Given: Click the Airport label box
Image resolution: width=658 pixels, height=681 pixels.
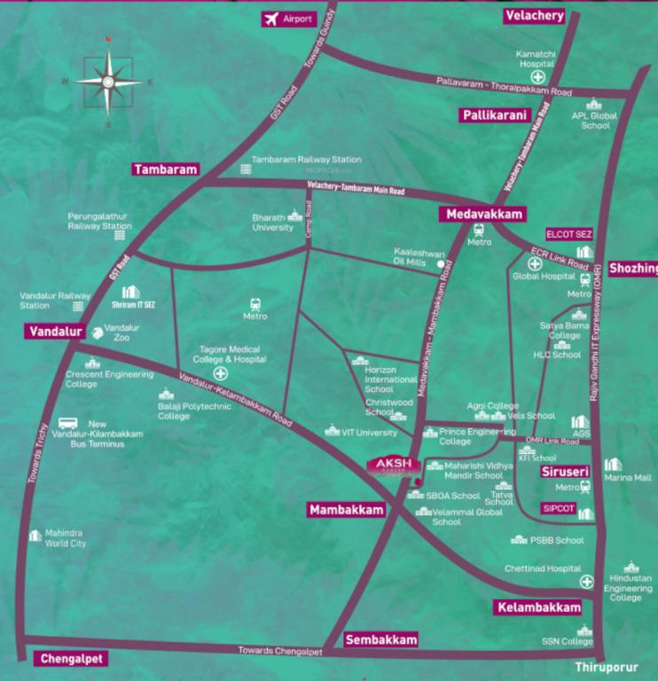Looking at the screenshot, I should pos(288,19).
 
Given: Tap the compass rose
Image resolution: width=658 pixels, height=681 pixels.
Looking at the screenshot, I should pos(108,82).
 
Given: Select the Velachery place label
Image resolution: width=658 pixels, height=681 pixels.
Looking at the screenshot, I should pos(534,16).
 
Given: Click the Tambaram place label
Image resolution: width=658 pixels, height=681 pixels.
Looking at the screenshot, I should pos(166,169).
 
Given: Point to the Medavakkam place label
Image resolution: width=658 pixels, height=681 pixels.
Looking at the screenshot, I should pos(482,214).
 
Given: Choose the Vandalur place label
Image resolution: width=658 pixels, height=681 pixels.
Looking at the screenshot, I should pos(54,332).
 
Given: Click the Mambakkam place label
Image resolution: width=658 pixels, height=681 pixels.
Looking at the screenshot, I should pos(347,510).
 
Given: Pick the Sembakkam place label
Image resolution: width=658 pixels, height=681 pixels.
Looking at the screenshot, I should pos(381,639).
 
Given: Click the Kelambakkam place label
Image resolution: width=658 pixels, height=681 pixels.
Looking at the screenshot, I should pos(539,607).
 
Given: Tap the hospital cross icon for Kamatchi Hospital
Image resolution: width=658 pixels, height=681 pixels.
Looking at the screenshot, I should pos(537,77).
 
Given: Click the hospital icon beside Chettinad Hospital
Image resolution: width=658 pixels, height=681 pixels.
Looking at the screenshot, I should pos(586,582).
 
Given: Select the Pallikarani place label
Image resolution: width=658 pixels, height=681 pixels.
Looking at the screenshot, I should pos(494,115).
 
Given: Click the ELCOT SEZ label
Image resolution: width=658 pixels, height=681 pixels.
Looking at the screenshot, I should pos(569,234).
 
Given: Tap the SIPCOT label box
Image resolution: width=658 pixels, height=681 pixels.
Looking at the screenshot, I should pos(559,511).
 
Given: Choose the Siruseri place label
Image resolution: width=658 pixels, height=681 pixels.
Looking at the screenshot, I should pos(566,472).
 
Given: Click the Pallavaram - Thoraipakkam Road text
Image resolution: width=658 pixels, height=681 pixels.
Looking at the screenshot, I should pos(504,86).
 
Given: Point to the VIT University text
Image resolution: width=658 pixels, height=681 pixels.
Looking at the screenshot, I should pos(370,433).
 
